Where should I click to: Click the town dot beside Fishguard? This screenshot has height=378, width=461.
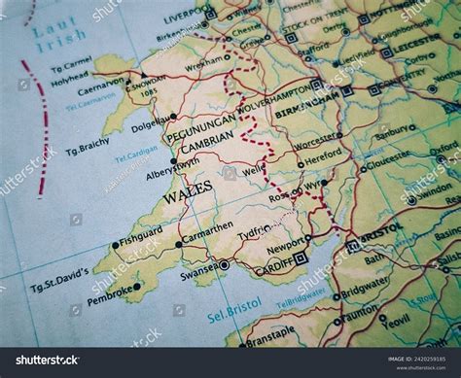point(115,245)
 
